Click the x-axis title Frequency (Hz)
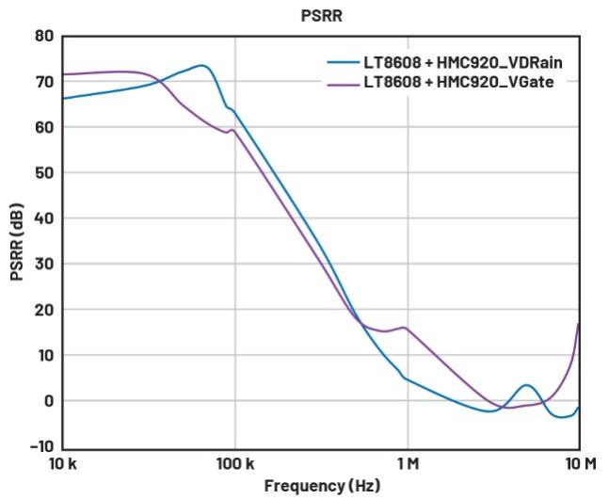tap(323, 486)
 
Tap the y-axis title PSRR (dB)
tap(16, 241)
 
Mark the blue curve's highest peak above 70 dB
tap(201, 65)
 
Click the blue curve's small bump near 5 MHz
tap(526, 385)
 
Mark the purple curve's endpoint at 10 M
tap(579, 324)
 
